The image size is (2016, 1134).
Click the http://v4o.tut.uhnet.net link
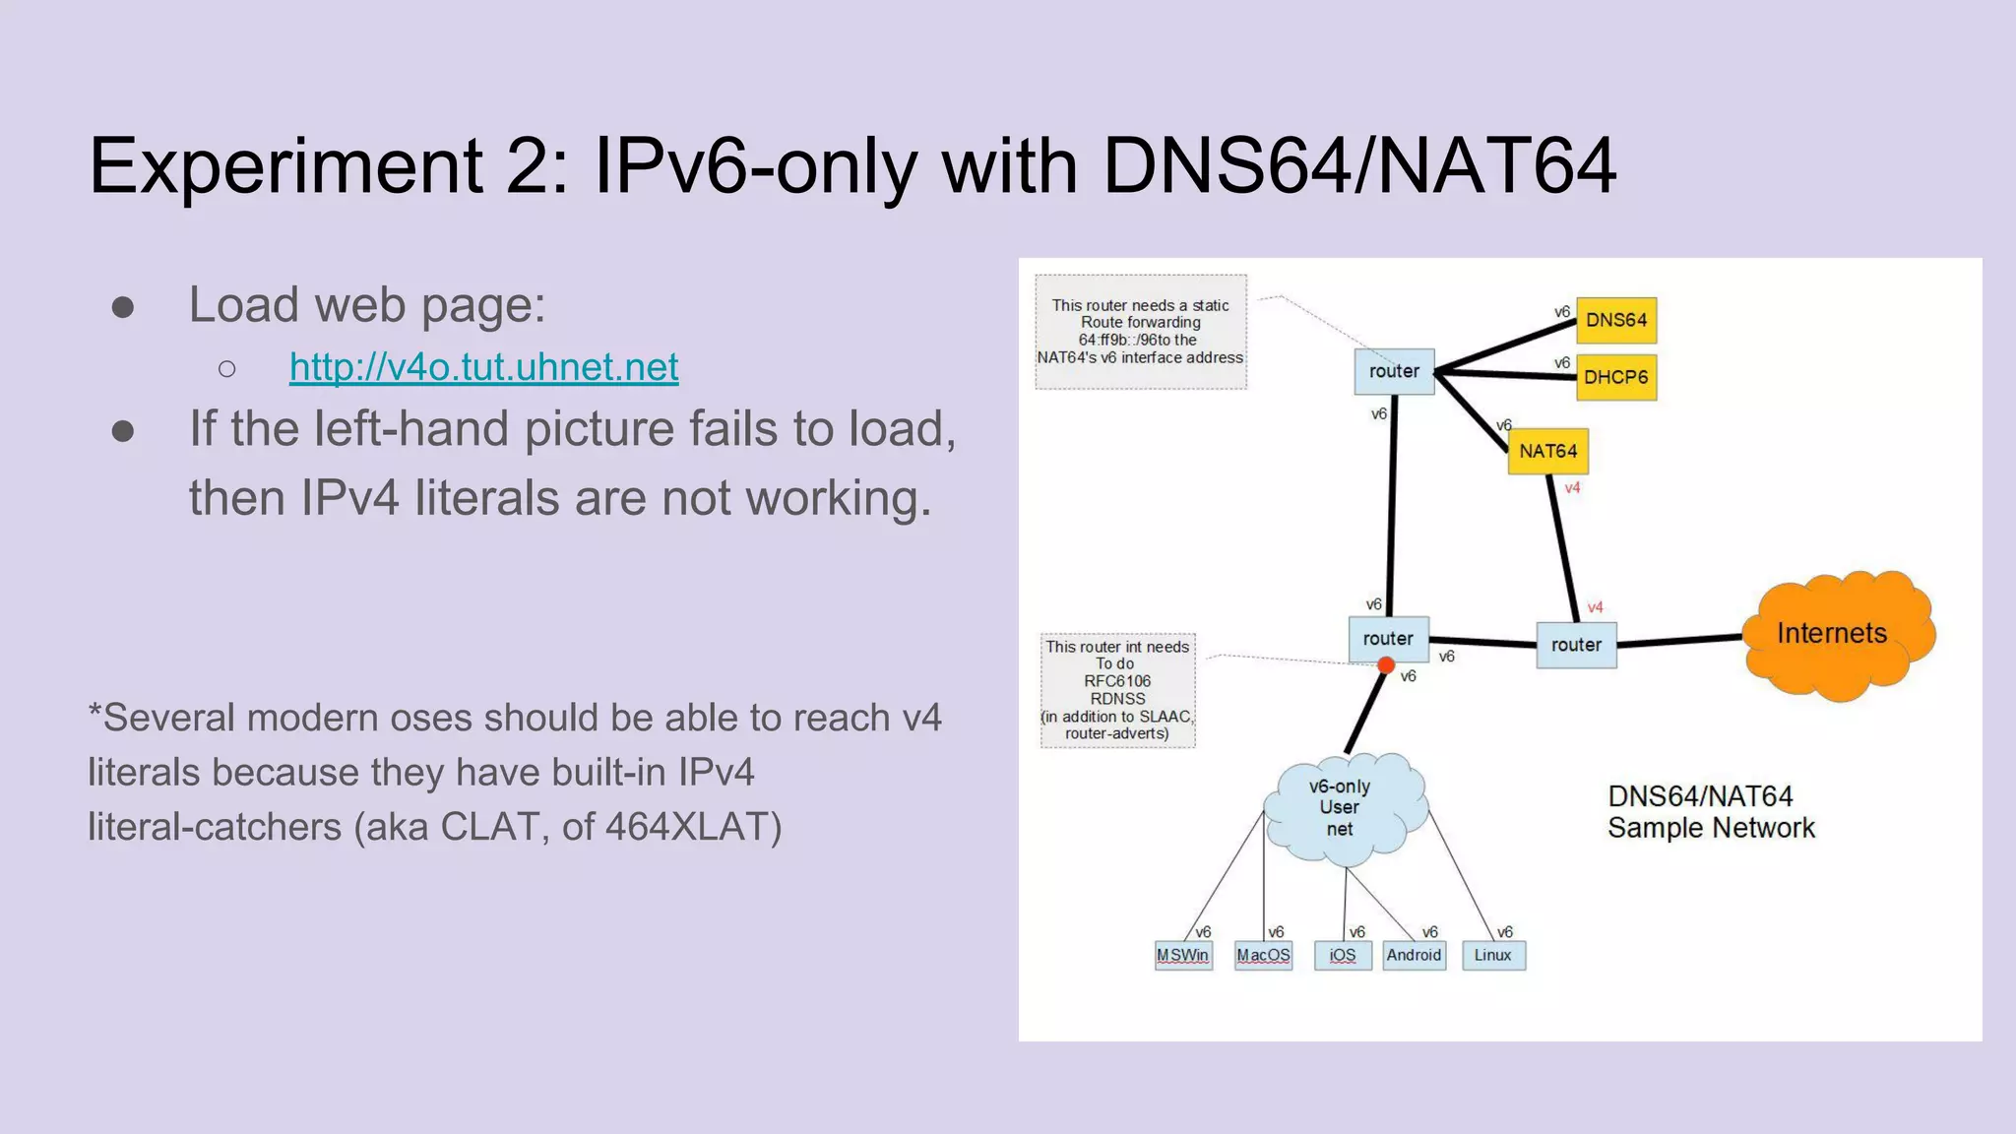483,367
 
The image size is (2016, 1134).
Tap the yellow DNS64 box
1616,320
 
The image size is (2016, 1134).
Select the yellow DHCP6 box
1616,377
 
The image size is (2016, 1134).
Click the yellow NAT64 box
1547,451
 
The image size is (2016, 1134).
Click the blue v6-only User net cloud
1343,808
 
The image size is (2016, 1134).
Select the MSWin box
1183,955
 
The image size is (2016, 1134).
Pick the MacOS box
1263,955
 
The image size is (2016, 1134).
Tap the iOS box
1343,955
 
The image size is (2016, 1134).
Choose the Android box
1414,955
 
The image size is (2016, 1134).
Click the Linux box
1493,955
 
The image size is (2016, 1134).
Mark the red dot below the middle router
1386,666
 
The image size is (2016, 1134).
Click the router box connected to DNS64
1394,371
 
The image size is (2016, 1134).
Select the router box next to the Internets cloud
1576,645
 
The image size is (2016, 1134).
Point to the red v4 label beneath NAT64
1572,488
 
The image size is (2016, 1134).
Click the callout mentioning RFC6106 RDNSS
1118,690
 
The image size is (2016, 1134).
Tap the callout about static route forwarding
1141,332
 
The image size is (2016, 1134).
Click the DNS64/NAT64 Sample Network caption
1711,812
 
